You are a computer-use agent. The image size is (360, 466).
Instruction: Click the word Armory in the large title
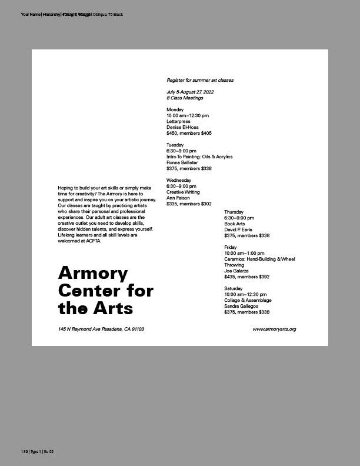(93, 274)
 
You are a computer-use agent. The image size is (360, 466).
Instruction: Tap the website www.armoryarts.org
(274, 329)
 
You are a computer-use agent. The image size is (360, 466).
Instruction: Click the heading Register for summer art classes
(200, 79)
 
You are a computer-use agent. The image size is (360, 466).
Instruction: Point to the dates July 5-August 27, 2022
(190, 92)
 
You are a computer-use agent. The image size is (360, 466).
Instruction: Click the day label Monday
(175, 109)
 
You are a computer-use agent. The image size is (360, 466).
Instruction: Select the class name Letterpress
(178, 121)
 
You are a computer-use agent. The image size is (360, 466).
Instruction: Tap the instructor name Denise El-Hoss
(182, 127)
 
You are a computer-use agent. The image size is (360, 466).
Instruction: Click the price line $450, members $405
(189, 133)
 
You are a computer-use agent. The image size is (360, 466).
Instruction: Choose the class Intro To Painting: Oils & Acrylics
(199, 157)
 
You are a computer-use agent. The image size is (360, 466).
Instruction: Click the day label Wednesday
(179, 180)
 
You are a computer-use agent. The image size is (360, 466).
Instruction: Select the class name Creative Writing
(183, 192)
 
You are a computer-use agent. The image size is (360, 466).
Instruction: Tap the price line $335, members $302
(189, 204)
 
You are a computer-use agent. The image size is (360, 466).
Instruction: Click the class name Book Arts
(235, 224)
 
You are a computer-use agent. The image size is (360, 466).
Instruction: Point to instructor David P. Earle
(238, 229)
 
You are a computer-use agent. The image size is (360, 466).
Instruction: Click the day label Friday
(230, 247)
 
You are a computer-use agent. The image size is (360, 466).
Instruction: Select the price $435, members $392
(246, 277)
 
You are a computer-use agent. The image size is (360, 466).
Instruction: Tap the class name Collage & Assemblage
(248, 300)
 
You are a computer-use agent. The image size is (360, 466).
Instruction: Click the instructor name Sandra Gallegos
(241, 306)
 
